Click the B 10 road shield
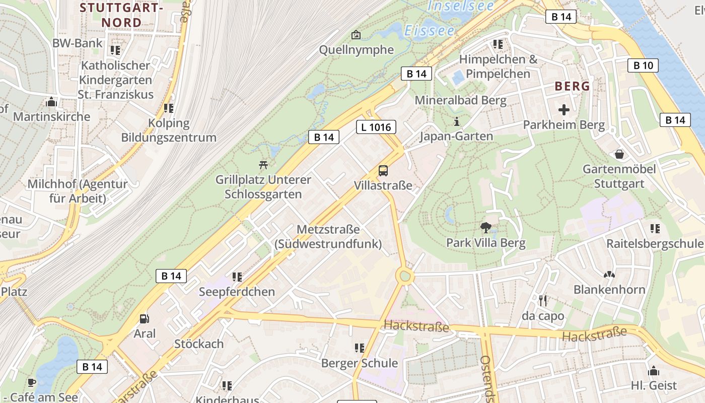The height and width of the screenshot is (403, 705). (x=643, y=65)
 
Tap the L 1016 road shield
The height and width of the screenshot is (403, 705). (x=376, y=127)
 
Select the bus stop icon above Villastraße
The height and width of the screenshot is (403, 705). (x=383, y=170)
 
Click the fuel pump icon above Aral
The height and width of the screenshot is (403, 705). (x=145, y=318)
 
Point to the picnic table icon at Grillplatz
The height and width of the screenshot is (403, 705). (x=263, y=164)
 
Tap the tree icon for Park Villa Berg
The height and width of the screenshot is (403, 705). (x=485, y=228)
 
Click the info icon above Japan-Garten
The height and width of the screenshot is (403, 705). (x=457, y=121)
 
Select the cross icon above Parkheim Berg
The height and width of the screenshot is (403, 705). (x=564, y=109)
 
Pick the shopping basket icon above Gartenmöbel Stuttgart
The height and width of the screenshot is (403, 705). (x=619, y=154)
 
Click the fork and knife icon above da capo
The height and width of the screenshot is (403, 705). (x=543, y=301)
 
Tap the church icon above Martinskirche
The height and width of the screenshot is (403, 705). (x=51, y=102)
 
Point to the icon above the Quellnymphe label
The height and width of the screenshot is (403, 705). (x=356, y=35)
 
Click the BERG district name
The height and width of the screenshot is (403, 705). (x=572, y=86)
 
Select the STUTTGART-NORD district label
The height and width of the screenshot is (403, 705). (x=122, y=15)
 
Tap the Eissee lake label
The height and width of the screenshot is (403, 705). (x=429, y=31)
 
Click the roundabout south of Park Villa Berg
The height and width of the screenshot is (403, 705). (x=405, y=276)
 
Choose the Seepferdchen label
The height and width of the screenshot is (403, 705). (x=237, y=292)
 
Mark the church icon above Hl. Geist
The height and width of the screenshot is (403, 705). (x=654, y=371)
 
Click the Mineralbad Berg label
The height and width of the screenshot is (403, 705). (x=460, y=100)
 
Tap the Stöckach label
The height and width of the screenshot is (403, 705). (x=199, y=344)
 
